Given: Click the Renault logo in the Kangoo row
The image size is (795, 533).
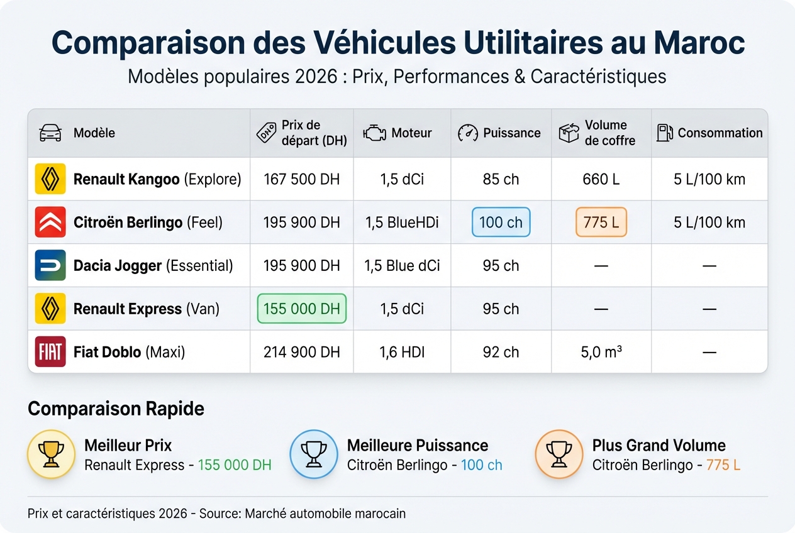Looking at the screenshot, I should (x=50, y=179).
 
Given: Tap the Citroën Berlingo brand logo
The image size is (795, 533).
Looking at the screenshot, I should (x=50, y=223).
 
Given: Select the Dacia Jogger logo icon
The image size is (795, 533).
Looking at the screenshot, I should (x=50, y=265).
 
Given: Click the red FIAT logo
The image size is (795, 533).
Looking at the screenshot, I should (x=50, y=352).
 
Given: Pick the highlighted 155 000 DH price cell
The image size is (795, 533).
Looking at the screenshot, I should (x=302, y=309).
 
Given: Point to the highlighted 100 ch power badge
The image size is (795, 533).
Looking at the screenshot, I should (x=501, y=223).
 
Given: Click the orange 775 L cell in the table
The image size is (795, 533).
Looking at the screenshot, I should (x=601, y=223).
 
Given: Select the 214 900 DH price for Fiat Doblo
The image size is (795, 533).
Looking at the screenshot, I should (x=302, y=352).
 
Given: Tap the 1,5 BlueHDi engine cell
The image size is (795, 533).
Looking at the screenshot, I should (x=402, y=223).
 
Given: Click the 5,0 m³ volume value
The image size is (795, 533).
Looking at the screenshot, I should (x=601, y=352).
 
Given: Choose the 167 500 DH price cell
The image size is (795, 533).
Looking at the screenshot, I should (x=302, y=179).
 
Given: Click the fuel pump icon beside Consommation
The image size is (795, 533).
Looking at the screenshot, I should (x=664, y=133).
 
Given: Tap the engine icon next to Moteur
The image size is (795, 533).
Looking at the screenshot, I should (x=374, y=133).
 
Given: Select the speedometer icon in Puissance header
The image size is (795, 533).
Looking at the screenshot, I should (x=468, y=133).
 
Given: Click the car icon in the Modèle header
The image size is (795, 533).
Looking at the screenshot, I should (x=50, y=133).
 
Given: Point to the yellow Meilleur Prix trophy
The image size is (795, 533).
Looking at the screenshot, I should (x=52, y=454).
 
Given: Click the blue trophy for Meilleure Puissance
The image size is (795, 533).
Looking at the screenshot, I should (x=313, y=454).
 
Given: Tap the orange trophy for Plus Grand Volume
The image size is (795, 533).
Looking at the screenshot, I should (x=559, y=454).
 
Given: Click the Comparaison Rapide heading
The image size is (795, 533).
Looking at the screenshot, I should (x=116, y=409).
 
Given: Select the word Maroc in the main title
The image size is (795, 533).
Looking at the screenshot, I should (x=699, y=43).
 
